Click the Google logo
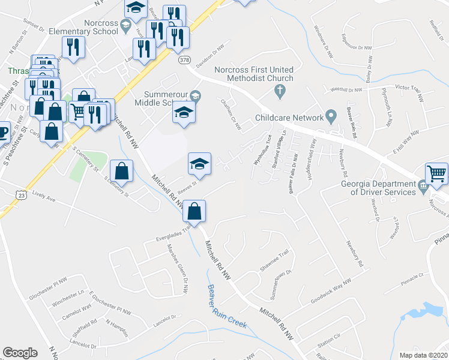(20, 353)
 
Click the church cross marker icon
(279, 92)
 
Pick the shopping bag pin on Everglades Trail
(194, 211)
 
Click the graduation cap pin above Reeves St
(200, 163)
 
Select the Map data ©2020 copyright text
(423, 355)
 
